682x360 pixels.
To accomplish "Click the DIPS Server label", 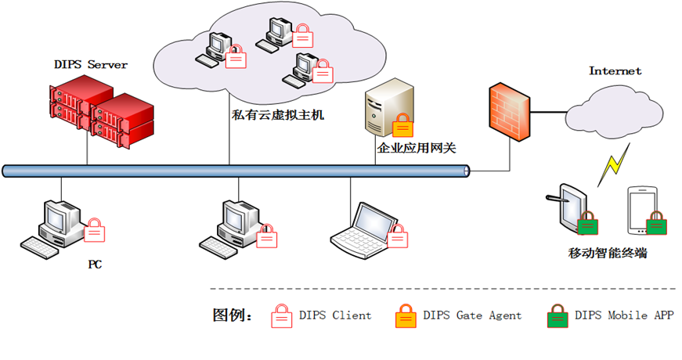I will tap(91, 64).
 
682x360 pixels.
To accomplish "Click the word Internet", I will tap(615, 71).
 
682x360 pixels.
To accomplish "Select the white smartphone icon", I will tap(641, 210).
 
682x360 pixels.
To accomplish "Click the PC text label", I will tap(95, 265).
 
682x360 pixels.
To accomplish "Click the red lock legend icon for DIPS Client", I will tap(281, 316).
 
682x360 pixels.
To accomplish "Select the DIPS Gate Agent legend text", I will tap(472, 315).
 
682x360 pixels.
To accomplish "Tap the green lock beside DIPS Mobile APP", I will tap(557, 316).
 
